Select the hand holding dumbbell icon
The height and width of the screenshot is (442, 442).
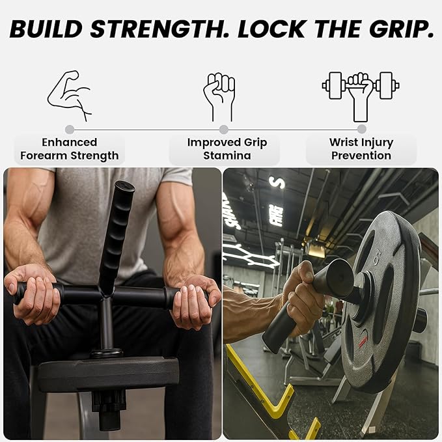click(x=361, y=95)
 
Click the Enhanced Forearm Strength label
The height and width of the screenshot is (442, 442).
click(x=70, y=149)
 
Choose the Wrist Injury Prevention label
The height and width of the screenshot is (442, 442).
click(x=361, y=149)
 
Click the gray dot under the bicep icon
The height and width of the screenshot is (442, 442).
click(x=70, y=130)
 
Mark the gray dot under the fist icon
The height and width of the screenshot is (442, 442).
click(x=223, y=130)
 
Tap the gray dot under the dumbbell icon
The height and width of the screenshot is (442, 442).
click(x=361, y=130)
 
